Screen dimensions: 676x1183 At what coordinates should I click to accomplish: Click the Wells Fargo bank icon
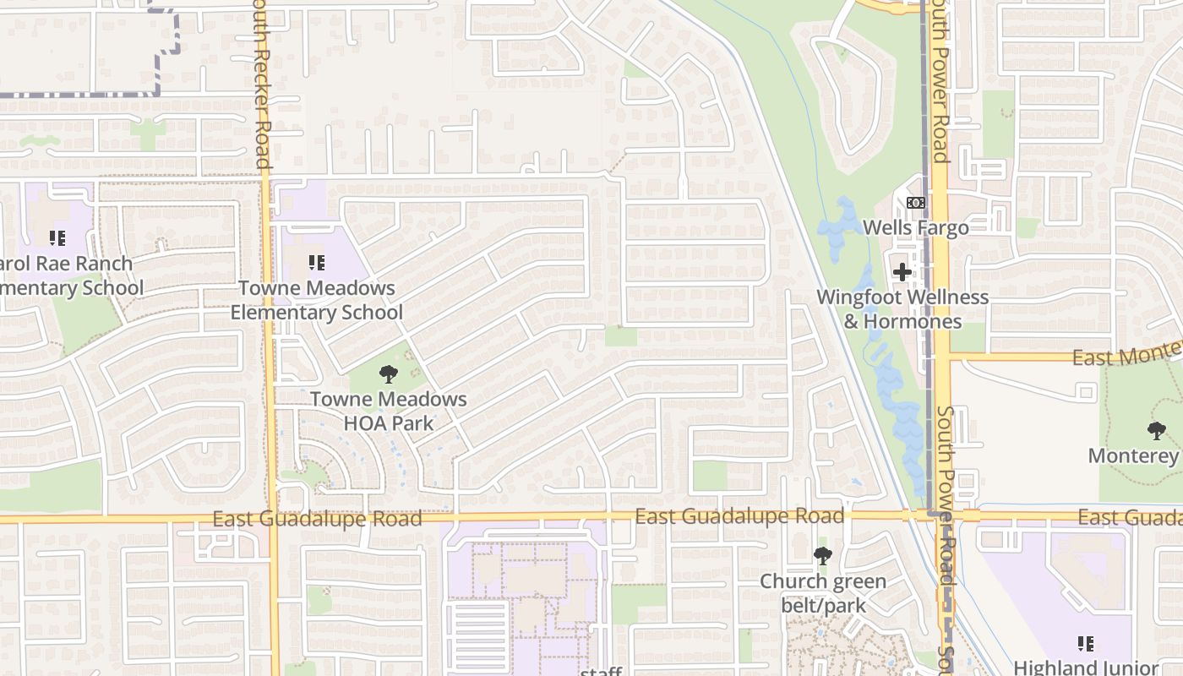(x=916, y=203)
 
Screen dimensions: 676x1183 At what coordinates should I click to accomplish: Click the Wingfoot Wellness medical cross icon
(x=902, y=272)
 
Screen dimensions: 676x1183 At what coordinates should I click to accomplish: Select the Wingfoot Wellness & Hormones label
(x=902, y=309)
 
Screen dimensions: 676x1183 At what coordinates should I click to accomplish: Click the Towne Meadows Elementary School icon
(x=317, y=263)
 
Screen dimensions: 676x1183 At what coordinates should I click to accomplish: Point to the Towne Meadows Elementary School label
(x=317, y=300)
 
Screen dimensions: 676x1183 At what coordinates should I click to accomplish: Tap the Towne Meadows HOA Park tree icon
(x=388, y=373)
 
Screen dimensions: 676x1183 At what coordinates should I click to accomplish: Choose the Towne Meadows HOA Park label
(x=388, y=411)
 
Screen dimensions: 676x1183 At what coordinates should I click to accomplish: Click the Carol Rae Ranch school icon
(x=57, y=239)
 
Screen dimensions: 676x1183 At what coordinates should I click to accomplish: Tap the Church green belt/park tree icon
(x=822, y=556)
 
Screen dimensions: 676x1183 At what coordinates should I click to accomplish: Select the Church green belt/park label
(x=822, y=593)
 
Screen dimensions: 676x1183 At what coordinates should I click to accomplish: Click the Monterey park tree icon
(x=1157, y=431)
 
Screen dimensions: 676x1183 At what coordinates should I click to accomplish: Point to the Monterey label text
(x=1133, y=456)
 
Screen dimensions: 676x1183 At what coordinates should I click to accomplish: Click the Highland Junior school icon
(x=1086, y=644)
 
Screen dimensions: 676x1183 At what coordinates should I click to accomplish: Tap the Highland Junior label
(x=1086, y=667)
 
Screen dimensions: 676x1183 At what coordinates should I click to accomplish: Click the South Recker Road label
(x=261, y=84)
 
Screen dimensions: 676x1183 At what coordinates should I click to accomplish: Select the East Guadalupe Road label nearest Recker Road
(x=317, y=518)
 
